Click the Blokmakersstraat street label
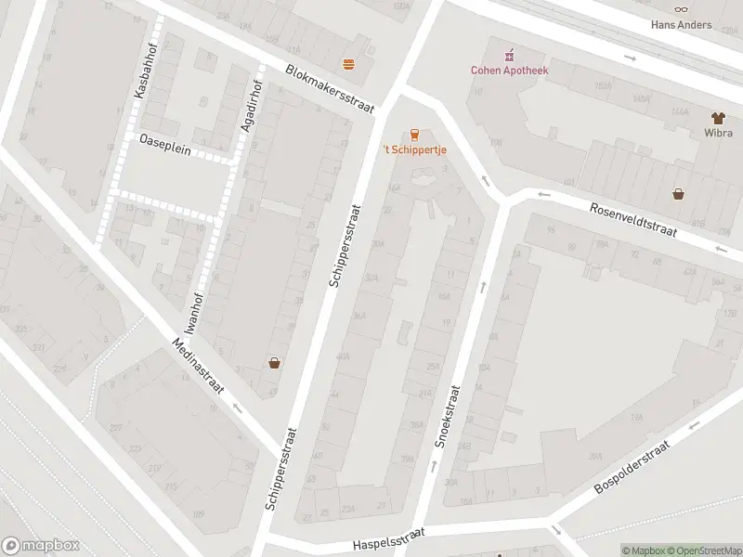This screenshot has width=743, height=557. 330,89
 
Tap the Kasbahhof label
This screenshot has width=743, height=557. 142,70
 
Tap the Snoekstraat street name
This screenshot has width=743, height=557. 447,417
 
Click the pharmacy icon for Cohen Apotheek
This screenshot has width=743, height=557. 507,55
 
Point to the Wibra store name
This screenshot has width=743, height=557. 718,134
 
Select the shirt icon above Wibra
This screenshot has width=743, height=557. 718,118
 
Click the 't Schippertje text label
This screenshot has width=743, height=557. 414,150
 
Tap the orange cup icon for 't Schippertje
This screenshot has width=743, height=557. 414,134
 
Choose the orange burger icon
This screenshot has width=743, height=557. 349,64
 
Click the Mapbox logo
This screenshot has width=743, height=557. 39,546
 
